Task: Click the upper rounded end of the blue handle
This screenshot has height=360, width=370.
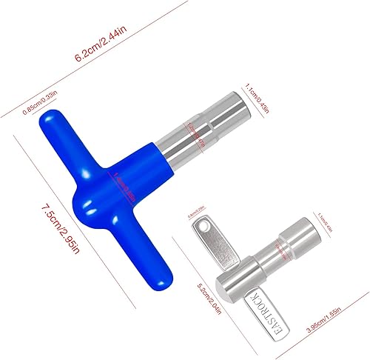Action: pyautogui.click(x=54, y=124)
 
